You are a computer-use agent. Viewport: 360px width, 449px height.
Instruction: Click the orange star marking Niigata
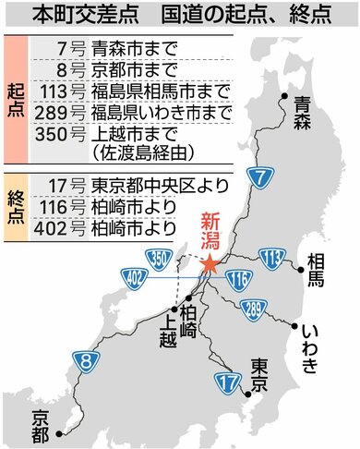tap(210, 264)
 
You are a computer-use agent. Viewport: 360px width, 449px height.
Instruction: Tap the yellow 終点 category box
tap(16, 208)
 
